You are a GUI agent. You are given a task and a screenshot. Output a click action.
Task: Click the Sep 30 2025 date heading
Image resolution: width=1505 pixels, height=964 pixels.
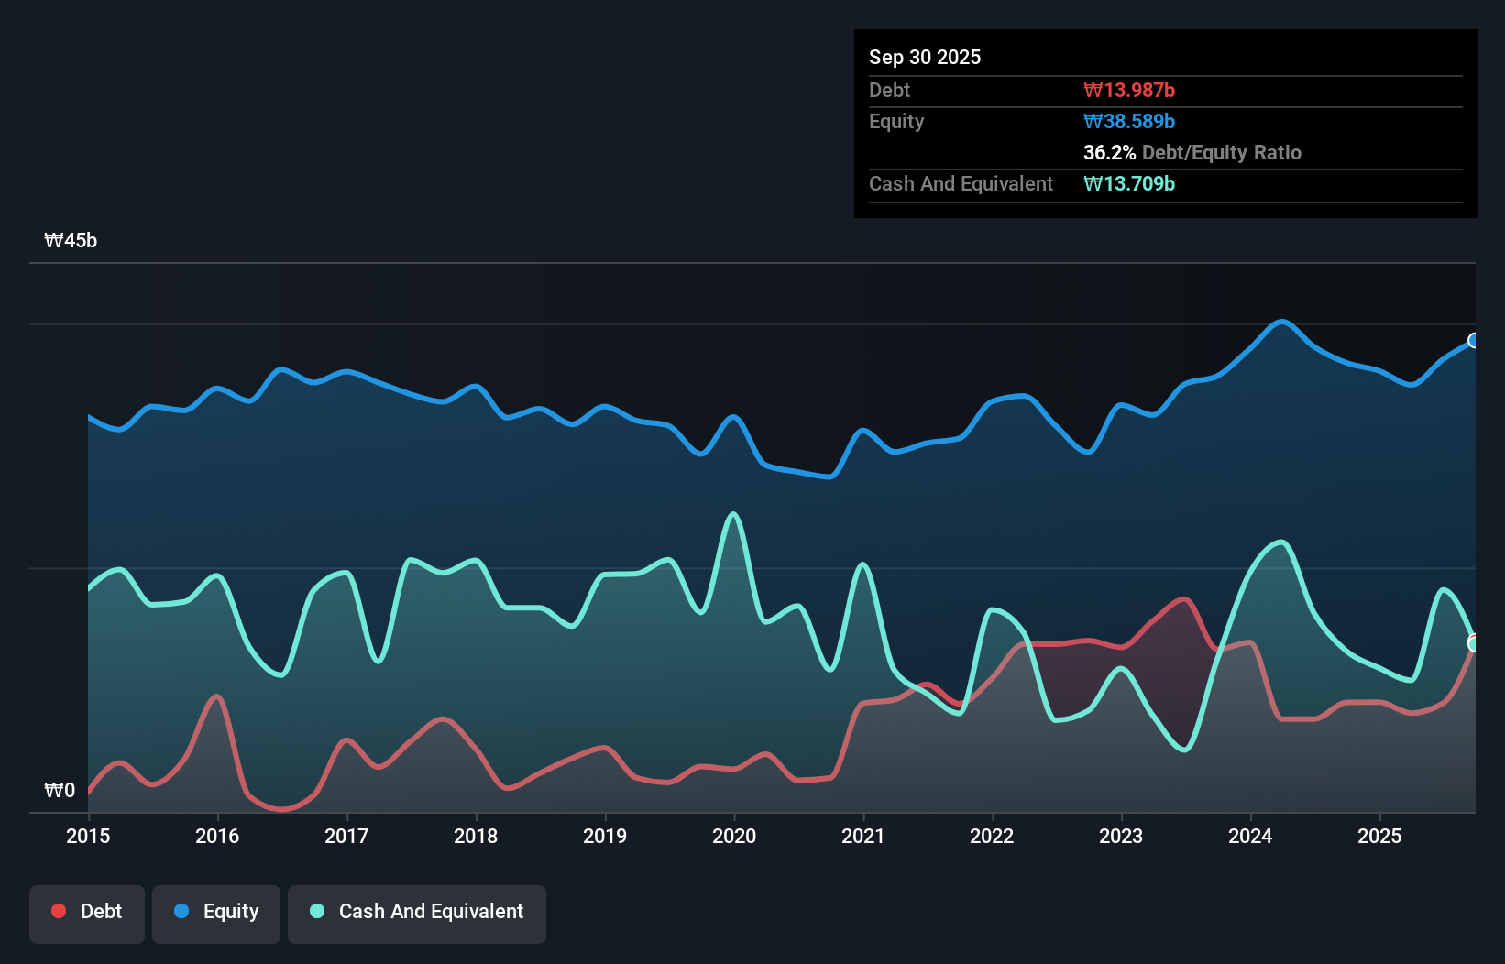(x=924, y=57)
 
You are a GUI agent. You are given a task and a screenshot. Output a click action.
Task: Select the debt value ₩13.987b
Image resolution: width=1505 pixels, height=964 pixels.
(x=1128, y=90)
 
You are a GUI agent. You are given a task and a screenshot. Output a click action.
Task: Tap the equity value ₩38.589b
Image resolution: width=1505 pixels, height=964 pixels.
(x=1128, y=121)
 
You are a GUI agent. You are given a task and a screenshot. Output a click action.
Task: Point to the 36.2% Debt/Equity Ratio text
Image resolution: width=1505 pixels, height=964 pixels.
(x=1192, y=152)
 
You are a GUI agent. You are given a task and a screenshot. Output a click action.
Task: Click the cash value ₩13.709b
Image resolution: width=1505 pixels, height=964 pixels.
(x=1128, y=183)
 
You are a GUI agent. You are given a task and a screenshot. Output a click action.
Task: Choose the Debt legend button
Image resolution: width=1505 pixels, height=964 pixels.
(x=87, y=912)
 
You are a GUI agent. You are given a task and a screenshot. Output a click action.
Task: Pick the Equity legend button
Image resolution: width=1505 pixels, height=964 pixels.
(x=216, y=912)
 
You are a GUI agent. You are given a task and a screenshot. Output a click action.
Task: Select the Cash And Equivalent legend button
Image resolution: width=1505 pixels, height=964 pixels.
(x=417, y=912)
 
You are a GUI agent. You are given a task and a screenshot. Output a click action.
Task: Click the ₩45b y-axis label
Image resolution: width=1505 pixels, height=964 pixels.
(x=71, y=241)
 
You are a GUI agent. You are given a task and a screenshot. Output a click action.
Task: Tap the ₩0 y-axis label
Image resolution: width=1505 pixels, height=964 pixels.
(x=60, y=790)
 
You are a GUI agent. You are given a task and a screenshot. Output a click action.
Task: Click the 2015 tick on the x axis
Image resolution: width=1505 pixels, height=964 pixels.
(x=88, y=836)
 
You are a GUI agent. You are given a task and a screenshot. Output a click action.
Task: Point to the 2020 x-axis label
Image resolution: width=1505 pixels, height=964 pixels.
(x=734, y=836)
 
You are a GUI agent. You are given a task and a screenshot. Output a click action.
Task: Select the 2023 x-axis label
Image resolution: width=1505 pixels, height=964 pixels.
(x=1121, y=836)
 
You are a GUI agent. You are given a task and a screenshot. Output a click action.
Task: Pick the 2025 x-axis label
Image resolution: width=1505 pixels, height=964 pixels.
(x=1379, y=836)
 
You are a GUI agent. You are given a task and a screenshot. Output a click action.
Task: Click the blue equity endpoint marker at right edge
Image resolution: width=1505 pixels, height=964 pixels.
(x=1474, y=341)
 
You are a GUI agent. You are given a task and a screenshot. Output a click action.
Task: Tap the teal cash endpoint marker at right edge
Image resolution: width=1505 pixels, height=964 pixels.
(x=1474, y=644)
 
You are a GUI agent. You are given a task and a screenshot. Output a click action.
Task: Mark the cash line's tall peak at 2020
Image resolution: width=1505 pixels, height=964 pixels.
(x=733, y=514)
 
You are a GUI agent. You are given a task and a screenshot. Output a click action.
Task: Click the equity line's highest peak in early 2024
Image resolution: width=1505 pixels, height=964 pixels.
(x=1282, y=322)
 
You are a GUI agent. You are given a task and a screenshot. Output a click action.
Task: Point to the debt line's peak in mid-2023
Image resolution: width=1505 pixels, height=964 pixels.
(x=1186, y=599)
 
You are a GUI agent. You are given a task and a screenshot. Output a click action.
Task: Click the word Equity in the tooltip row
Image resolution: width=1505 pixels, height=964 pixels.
(x=896, y=121)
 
